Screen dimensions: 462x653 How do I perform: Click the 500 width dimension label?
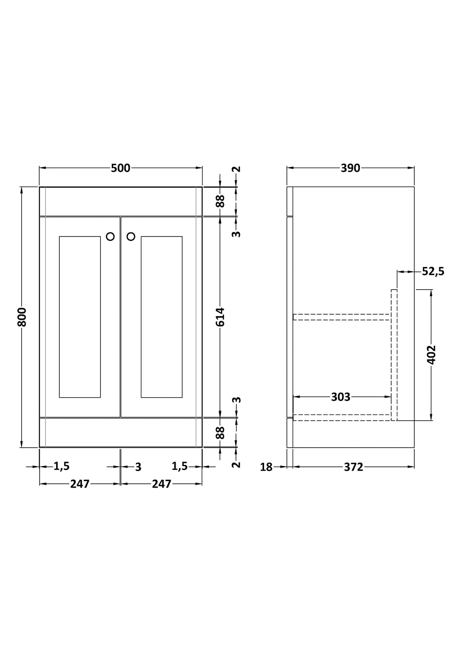pyautogui.click(x=121, y=168)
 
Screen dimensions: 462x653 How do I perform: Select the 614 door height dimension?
pyautogui.click(x=220, y=317)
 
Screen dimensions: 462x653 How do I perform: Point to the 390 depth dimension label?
pyautogui.click(x=350, y=168)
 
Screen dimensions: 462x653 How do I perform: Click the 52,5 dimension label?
pyautogui.click(x=433, y=272)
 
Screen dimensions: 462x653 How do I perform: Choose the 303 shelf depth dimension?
pyautogui.click(x=341, y=397)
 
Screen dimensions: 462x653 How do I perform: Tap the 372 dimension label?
pyautogui.click(x=353, y=467)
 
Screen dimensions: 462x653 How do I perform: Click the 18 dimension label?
pyautogui.click(x=266, y=467)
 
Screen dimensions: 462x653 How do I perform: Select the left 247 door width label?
pyautogui.click(x=80, y=484)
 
